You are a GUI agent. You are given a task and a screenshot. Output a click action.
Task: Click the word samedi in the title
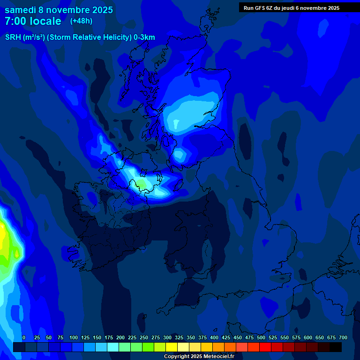pyautogui.click(x=21, y=10)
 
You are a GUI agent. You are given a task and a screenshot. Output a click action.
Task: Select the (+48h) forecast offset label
pyautogui.click(x=81, y=21)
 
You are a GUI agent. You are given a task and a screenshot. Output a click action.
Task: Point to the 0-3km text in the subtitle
pyautogui.click(x=144, y=37)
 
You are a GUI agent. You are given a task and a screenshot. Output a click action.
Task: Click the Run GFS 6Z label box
pyautogui.click(x=291, y=8)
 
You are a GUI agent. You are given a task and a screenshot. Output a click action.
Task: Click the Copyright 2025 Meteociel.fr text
pyautogui.click(x=199, y=357)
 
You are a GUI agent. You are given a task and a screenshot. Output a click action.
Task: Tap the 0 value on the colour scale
pyautogui.click(x=24, y=337)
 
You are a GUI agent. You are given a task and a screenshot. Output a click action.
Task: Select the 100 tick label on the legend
pyautogui.click(x=74, y=337)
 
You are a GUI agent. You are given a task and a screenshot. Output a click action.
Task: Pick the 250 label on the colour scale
pyautogui.click(x=144, y=337)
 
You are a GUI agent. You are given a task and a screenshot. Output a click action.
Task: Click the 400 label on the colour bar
pyautogui.click(x=214, y=337)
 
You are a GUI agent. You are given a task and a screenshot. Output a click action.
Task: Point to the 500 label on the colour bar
pyautogui.click(x=261, y=337)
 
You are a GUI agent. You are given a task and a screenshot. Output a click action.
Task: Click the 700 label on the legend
pyautogui.click(x=343, y=337)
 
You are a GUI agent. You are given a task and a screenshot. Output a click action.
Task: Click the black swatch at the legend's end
pyautogui.click(x=336, y=347)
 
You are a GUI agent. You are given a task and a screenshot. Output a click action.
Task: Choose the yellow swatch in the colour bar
pyautogui.click(x=172, y=347)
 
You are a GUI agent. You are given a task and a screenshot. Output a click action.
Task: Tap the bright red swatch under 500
pyautogui.click(x=265, y=347)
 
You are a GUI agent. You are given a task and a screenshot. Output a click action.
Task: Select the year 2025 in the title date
pyautogui.click(x=103, y=10)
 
